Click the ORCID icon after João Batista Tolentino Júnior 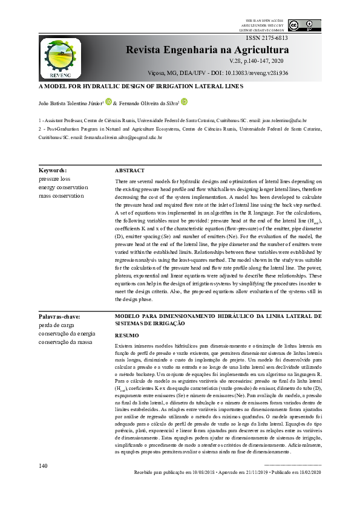[x=109, y=102]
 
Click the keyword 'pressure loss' [x=54, y=179]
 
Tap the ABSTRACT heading [x=129, y=171]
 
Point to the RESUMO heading [x=126, y=335]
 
